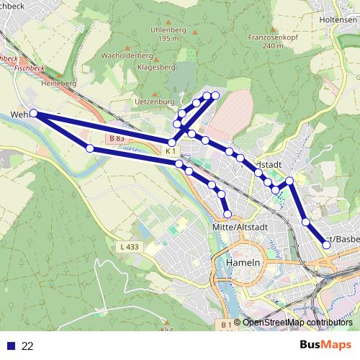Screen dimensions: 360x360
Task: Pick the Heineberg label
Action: tap(58, 84)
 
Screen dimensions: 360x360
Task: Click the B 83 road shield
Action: tap(117, 138)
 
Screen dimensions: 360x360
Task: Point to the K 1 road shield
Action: tap(170, 151)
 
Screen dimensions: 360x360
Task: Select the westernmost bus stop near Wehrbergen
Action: tap(34, 113)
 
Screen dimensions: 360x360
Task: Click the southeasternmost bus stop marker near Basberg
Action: tap(326, 245)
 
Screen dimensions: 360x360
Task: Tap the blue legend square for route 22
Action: tap(9, 346)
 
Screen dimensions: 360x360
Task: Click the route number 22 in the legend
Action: tap(27, 346)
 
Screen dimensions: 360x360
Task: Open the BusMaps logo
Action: tap(325, 346)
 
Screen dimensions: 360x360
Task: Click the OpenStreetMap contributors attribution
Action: tap(297, 323)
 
